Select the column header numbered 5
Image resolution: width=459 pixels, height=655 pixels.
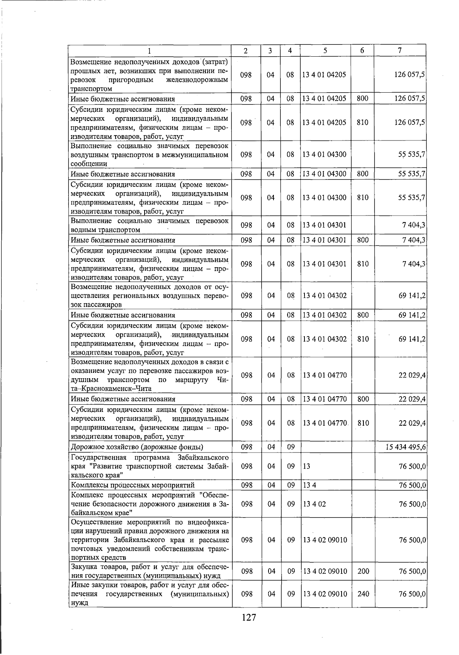coord(325,51)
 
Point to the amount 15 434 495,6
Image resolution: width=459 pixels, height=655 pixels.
coord(407,447)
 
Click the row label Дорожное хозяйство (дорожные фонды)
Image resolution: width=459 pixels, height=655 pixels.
coord(137,447)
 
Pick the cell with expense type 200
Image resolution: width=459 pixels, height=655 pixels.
coord(363,572)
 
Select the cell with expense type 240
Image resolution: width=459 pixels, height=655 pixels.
coord(363,594)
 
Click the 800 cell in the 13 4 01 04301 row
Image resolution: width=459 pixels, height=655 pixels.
coord(363,240)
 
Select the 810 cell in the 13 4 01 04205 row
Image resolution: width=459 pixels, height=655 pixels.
coord(362,123)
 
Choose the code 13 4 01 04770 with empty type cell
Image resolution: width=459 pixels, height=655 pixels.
coord(325,375)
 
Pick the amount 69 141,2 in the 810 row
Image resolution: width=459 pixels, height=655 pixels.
coord(412,339)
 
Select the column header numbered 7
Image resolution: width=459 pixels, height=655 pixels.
coord(399,51)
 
